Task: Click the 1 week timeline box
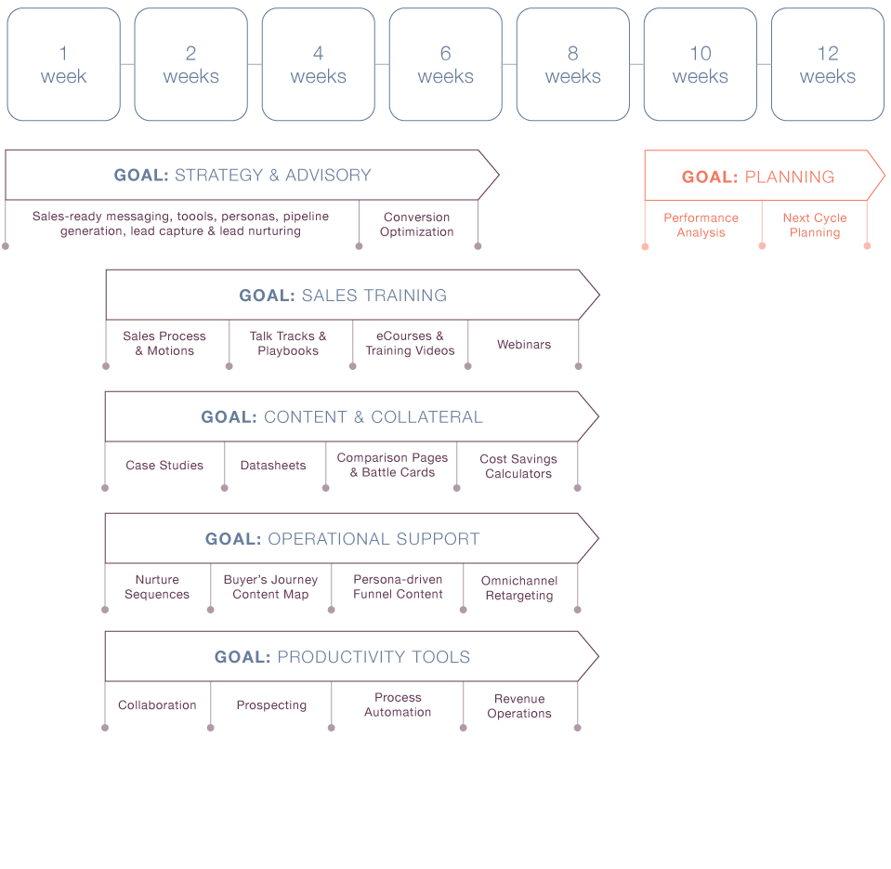[x=63, y=65]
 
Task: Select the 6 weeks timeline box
[x=446, y=65]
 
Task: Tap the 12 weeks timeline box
[x=827, y=65]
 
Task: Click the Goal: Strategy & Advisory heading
[x=242, y=175]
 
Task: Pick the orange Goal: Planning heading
[x=757, y=177]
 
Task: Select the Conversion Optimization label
[x=416, y=225]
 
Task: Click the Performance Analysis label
[x=701, y=225]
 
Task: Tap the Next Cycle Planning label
[x=815, y=225]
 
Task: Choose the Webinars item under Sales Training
[x=523, y=344]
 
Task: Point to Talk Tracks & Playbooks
[x=288, y=343]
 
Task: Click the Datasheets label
[x=272, y=465]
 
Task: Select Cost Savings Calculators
[x=518, y=466]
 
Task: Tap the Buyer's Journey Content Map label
[x=270, y=586]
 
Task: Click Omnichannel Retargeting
[x=519, y=587]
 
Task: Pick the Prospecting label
[x=271, y=704]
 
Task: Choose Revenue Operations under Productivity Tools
[x=519, y=705]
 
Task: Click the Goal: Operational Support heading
[x=342, y=539]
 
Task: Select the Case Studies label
[x=164, y=465]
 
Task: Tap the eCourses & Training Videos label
[x=410, y=343]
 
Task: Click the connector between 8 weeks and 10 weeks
[x=636, y=64]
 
